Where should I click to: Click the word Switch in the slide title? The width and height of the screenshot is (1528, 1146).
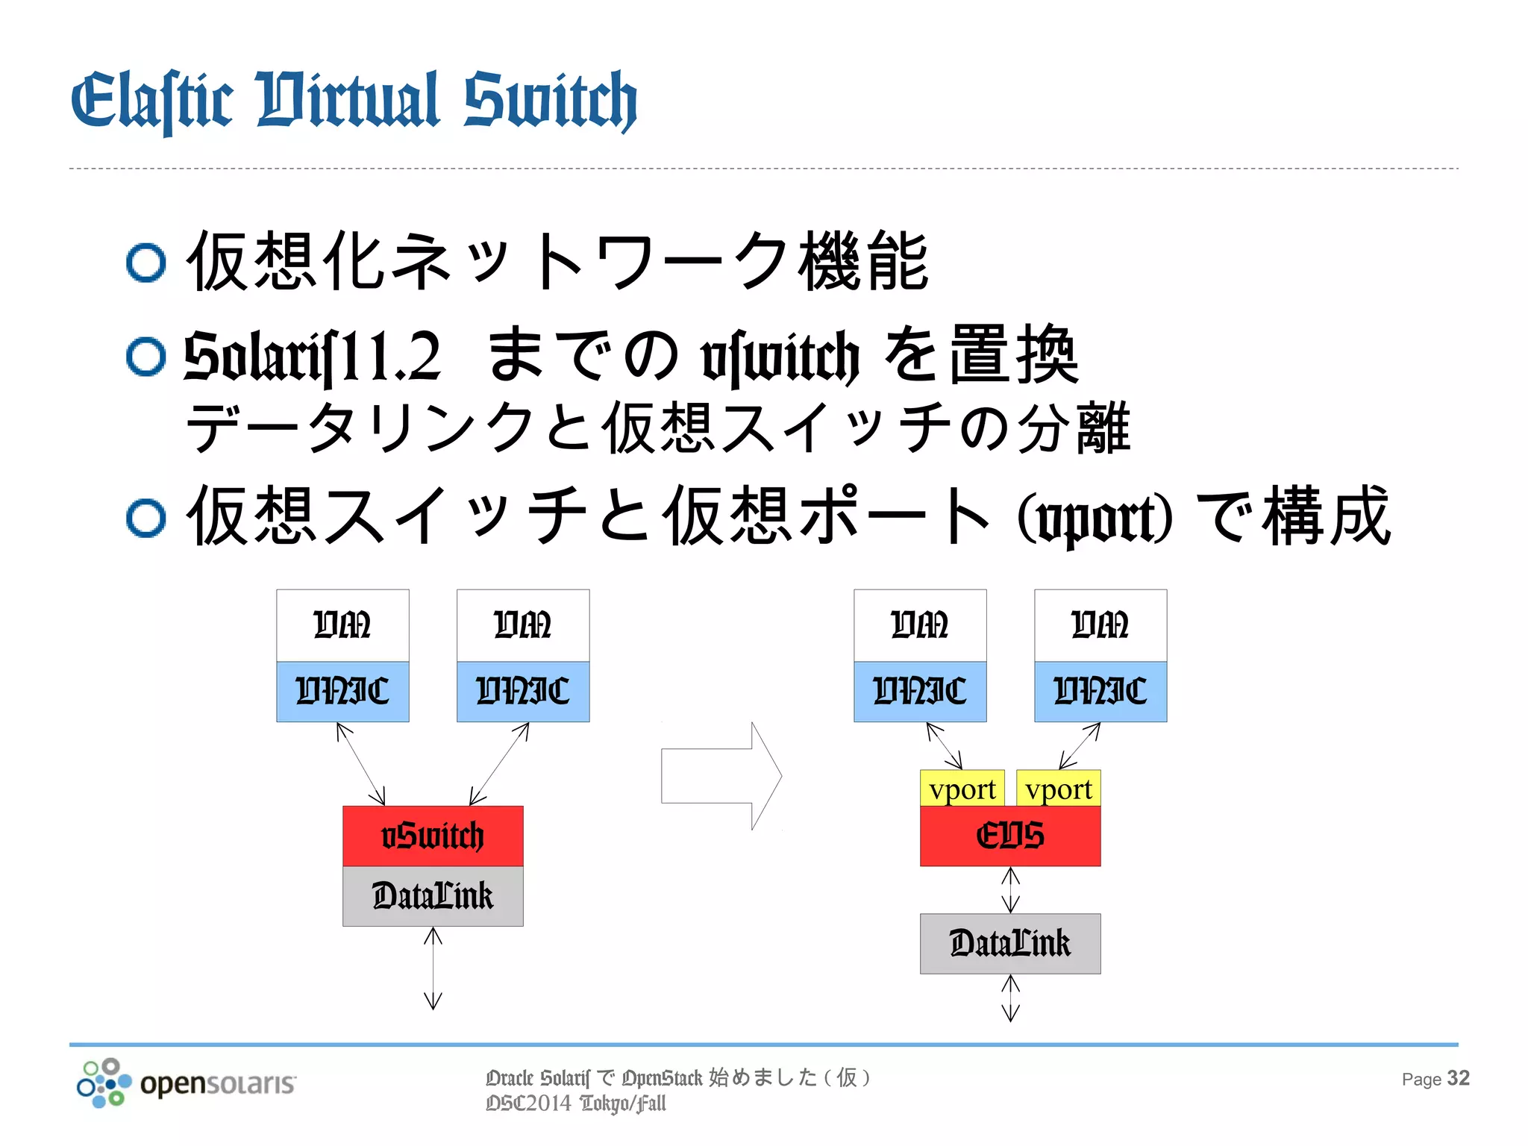click(550, 101)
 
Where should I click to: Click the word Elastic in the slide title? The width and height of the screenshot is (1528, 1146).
click(151, 101)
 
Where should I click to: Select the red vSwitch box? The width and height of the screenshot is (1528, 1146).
click(433, 836)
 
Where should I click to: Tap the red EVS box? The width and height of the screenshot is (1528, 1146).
click(1009, 836)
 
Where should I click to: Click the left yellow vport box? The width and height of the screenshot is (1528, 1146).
click(962, 789)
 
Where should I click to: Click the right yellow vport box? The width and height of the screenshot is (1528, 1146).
click(1058, 789)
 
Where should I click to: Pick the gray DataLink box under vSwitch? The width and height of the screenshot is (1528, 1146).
click(433, 896)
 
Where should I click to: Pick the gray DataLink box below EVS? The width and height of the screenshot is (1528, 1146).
click(1009, 943)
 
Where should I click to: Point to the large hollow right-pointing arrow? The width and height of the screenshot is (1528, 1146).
click(720, 776)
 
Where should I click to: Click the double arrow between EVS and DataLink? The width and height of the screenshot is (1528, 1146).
click(1010, 889)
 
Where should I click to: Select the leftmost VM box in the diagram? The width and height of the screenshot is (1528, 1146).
click(342, 625)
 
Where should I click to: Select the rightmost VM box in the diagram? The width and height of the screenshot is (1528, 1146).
click(1100, 625)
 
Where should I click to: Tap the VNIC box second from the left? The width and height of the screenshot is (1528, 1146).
click(522, 691)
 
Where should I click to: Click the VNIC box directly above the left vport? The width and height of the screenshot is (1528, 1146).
click(919, 691)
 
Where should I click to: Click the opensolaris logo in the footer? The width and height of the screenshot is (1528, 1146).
click(187, 1082)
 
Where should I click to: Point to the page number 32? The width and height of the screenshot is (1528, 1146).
click(1458, 1078)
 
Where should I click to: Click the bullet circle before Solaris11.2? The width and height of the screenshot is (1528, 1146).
click(145, 357)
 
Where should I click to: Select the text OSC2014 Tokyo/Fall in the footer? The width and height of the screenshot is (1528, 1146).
click(575, 1103)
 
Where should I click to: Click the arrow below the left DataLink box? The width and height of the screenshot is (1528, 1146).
click(433, 968)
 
